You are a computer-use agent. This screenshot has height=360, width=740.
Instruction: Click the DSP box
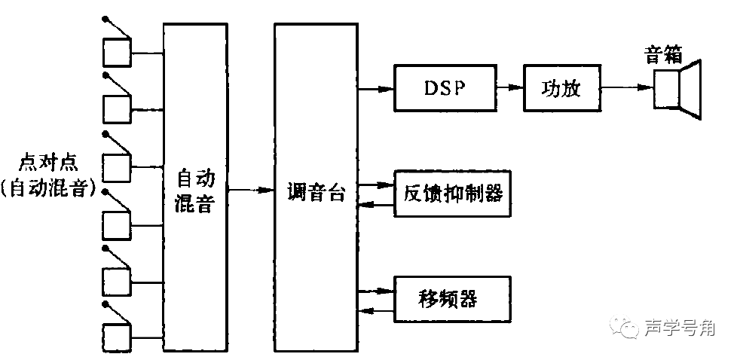[444, 88]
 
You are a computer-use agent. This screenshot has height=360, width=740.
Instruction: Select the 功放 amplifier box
[562, 88]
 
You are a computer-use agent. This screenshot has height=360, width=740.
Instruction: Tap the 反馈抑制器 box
[449, 194]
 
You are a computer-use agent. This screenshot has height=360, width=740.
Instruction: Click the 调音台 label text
[316, 193]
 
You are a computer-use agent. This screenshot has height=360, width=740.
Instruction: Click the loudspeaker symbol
[677, 88]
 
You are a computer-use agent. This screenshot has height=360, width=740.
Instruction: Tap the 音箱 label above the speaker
[663, 54]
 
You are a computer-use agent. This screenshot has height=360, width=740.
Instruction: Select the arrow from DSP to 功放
[510, 87]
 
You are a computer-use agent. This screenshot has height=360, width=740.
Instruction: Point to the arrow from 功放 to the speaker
[628, 87]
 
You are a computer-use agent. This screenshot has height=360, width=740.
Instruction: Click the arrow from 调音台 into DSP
[375, 88]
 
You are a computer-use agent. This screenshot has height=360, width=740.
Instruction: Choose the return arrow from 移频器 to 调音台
[375, 309]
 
